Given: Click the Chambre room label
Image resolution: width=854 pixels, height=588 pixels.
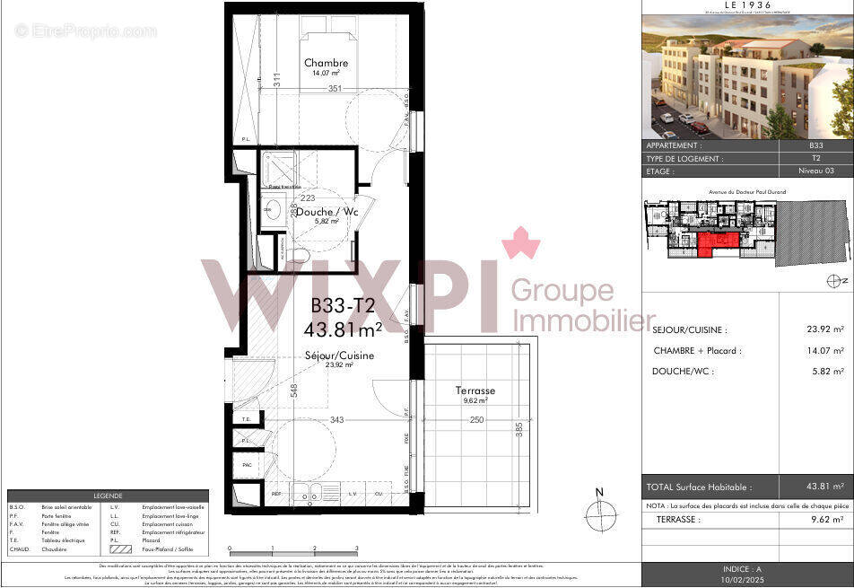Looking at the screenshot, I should tap(326, 63).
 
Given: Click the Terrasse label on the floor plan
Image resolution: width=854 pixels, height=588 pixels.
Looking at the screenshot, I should tap(475, 391).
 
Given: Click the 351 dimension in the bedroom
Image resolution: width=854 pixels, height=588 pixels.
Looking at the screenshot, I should tap(335, 89).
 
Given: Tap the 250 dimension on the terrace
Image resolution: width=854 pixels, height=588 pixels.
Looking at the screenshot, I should tap(476, 421).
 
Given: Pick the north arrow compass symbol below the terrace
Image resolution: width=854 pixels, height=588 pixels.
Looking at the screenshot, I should tap(601, 513).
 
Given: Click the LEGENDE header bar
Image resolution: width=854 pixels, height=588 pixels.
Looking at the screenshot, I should tap(108, 496).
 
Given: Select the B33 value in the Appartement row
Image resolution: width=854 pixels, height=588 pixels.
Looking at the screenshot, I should tap(815, 145).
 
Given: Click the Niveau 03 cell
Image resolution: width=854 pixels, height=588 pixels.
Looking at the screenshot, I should tap(815, 170).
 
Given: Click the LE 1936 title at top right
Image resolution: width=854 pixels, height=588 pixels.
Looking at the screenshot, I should tap(747, 5).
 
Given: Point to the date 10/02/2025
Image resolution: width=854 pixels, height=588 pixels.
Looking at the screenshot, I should tap(747, 581).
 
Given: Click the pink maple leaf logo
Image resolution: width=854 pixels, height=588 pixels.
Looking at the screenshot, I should tap(514, 243).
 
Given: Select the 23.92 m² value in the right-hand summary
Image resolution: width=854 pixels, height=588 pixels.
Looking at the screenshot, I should tap(825, 330).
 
